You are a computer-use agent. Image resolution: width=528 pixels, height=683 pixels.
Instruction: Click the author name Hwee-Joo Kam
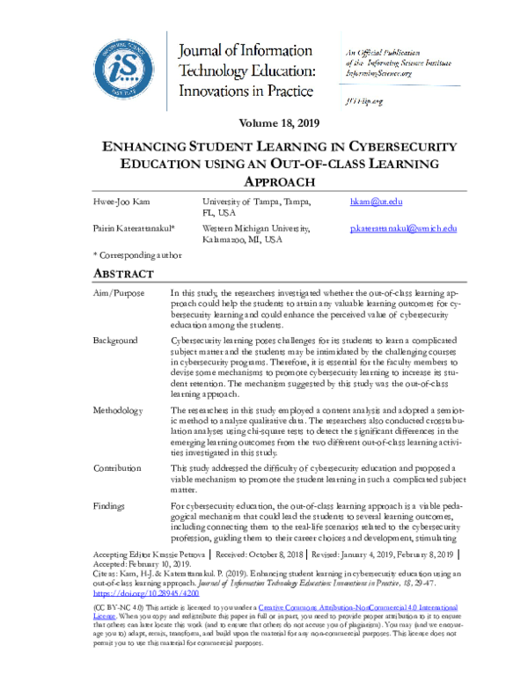[x=120, y=202]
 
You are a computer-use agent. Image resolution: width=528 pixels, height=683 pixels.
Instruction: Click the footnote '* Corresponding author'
[x=136, y=255]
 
